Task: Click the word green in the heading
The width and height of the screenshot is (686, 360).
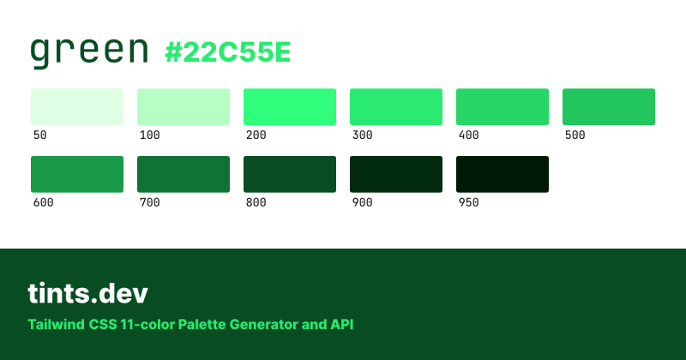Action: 89,51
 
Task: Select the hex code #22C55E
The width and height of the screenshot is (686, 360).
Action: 228,53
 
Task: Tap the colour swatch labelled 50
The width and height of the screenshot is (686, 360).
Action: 77,106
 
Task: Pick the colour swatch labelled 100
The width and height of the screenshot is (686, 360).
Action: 184,106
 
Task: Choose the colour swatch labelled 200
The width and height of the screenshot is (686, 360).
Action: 290,106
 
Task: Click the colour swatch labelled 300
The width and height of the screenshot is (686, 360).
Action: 396,106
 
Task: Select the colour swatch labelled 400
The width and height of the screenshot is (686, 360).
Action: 502,106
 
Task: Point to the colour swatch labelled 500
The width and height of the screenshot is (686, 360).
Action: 609,106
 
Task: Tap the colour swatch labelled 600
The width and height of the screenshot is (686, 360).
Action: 77,174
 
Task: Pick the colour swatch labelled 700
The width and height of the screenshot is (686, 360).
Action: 184,174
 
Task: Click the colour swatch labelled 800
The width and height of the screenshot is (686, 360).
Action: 290,174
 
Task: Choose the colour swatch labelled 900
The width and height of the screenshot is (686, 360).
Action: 396,174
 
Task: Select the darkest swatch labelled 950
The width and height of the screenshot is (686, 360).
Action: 502,174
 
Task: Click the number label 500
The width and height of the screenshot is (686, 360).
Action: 575,135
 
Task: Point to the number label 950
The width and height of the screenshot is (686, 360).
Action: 468,203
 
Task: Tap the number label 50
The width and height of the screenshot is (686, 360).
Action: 39,135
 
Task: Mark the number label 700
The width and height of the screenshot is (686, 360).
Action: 149,203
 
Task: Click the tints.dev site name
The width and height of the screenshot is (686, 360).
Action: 87,294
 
